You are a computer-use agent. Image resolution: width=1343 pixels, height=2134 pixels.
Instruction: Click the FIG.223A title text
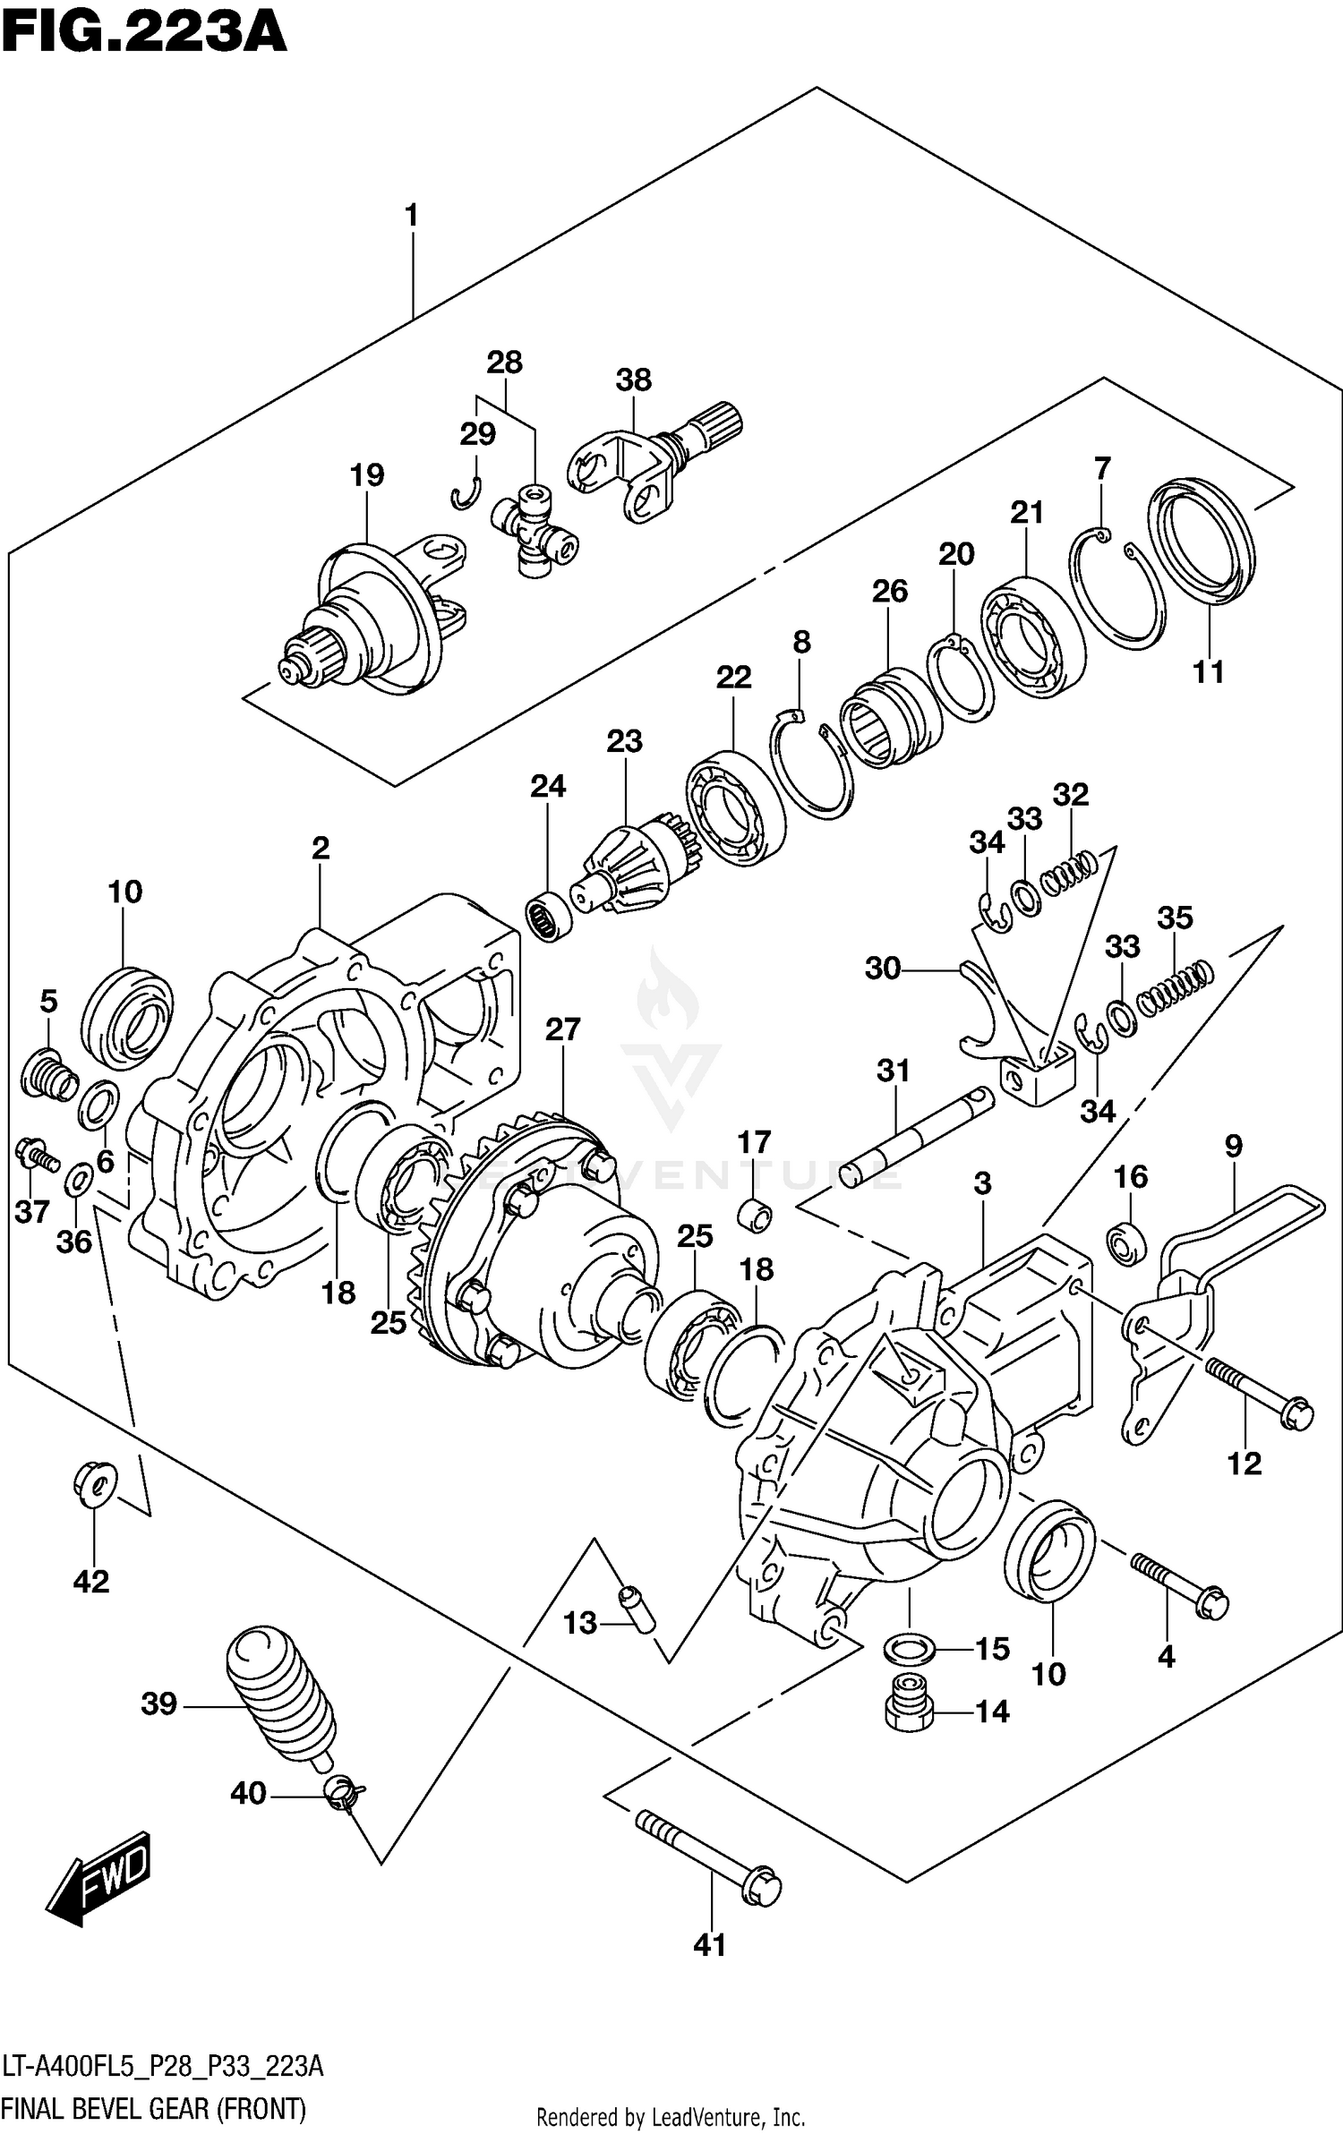coord(143,34)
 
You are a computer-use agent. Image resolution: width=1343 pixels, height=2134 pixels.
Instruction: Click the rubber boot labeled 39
coord(278,1694)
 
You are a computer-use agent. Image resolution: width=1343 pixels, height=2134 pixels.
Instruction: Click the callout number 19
coord(367,474)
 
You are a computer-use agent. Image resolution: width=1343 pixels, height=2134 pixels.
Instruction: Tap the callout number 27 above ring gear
coord(562,1029)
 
